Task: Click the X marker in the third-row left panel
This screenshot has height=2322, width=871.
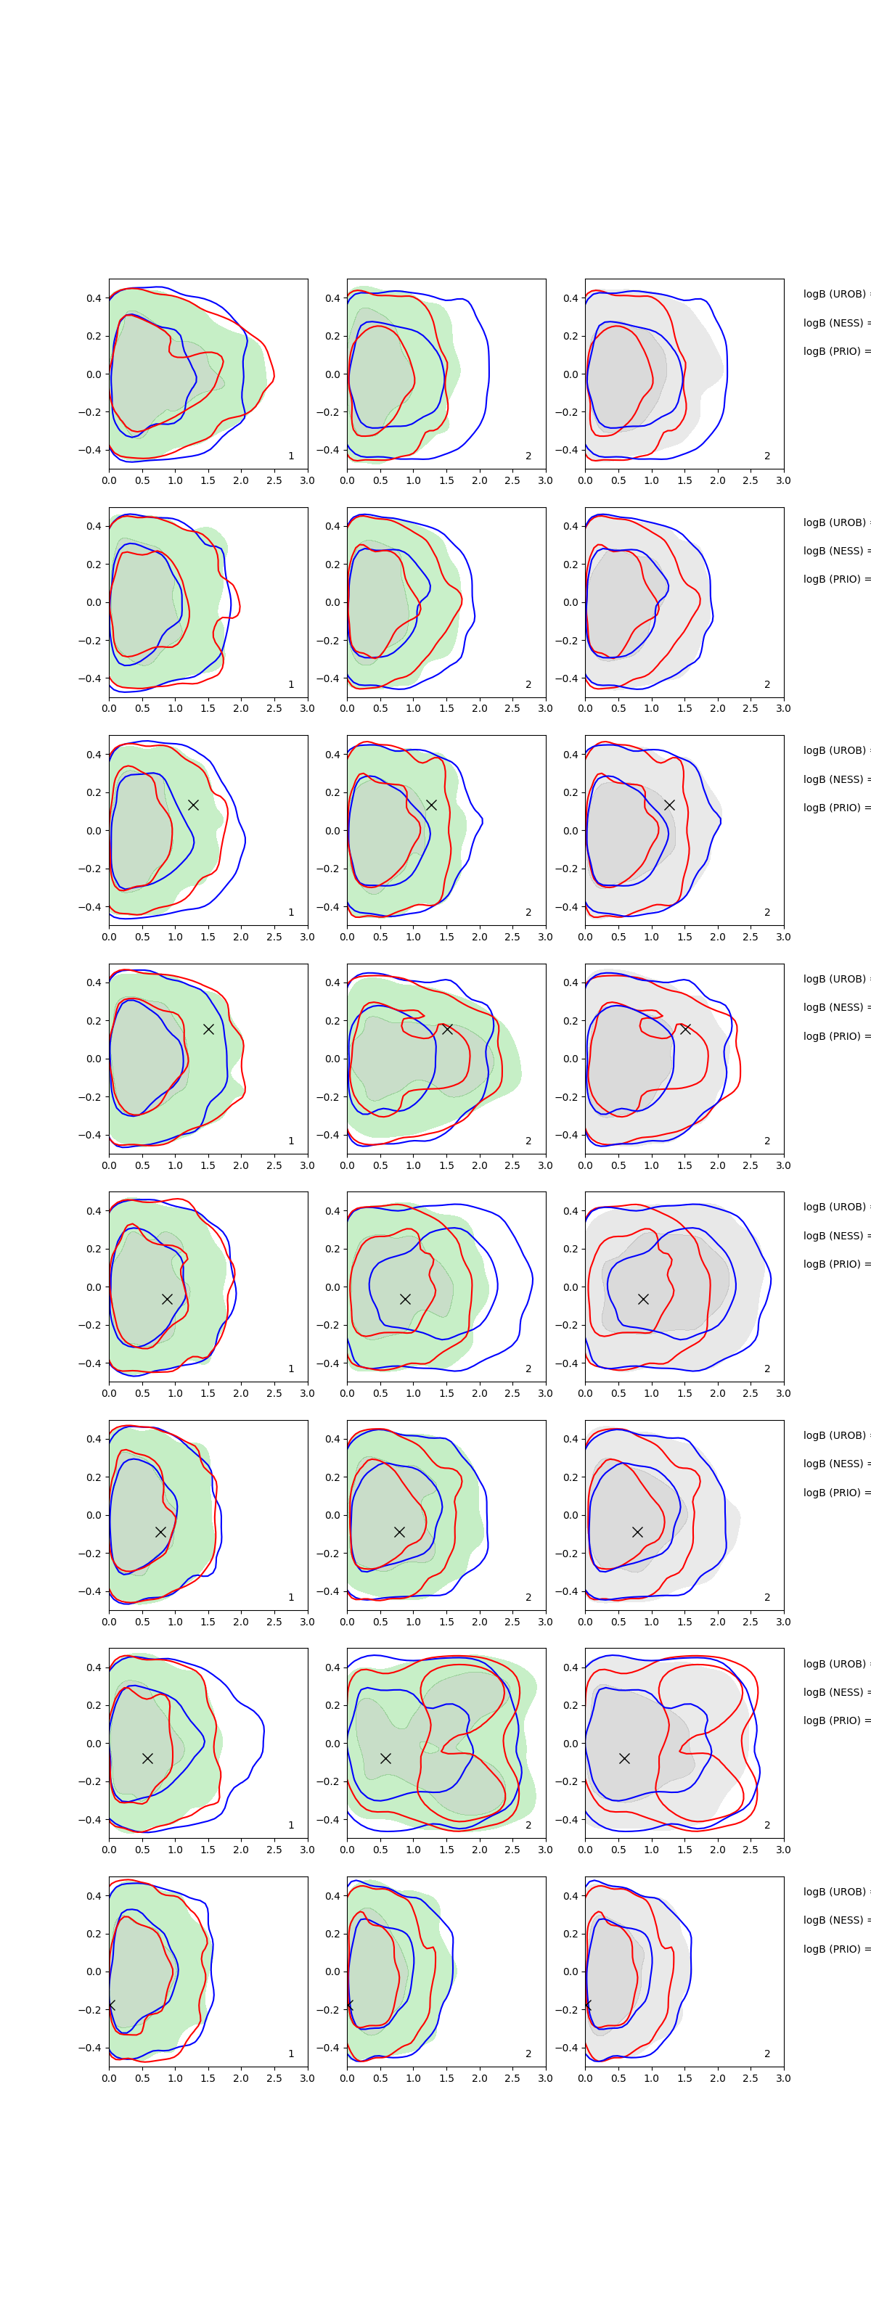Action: tap(193, 804)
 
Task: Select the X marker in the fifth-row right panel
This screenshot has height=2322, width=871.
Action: tap(643, 1299)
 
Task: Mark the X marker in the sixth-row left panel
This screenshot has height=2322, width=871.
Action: tap(160, 1532)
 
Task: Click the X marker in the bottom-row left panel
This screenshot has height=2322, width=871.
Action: tap(111, 2005)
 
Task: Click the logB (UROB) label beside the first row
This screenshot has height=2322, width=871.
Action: tap(835, 294)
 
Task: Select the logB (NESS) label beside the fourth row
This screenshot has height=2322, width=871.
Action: tap(835, 1007)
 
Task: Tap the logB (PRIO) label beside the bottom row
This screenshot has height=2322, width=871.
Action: tap(835, 1949)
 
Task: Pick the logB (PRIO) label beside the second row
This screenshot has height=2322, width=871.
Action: tap(835, 579)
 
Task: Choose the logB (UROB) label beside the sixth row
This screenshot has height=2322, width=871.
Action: tap(835, 1435)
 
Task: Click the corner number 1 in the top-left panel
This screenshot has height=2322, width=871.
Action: tap(291, 456)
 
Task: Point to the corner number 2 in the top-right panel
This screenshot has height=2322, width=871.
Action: tap(767, 456)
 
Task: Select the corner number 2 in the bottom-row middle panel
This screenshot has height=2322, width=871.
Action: tap(528, 2054)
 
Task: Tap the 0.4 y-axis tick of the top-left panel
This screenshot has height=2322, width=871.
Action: tap(94, 298)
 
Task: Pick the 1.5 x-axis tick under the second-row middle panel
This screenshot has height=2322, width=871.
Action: tap(446, 708)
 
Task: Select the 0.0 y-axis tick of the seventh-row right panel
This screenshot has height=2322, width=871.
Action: tap(571, 1743)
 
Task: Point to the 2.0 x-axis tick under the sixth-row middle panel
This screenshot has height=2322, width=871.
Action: tap(480, 1622)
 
